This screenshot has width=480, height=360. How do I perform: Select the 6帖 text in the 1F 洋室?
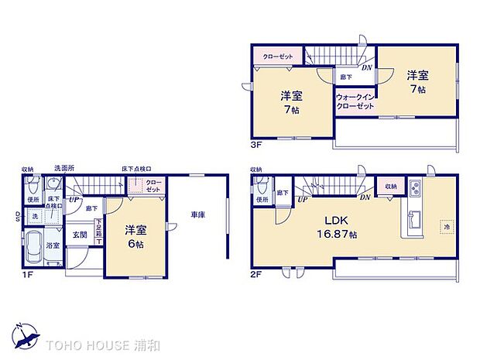tap(136, 244)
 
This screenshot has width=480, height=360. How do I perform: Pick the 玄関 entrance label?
tap(80, 234)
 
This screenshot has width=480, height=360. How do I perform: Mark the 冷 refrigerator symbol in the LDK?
tap(446, 226)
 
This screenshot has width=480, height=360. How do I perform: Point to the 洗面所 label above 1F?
tap(63, 168)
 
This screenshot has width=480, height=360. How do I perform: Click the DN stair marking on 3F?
tap(368, 68)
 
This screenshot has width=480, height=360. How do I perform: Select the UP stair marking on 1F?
tap(73, 200)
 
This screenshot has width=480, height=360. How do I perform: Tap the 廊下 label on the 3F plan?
tap(347, 77)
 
